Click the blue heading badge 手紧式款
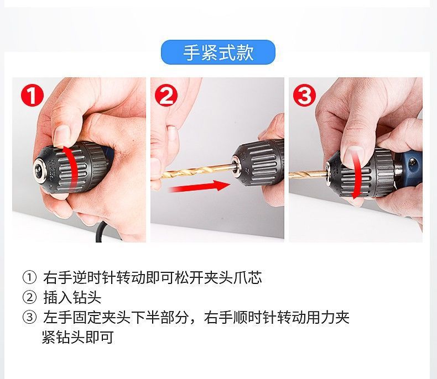[x=218, y=52]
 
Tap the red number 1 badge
[x=32, y=96]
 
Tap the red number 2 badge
[x=166, y=96]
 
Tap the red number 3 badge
[x=304, y=96]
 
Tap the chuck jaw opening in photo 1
[x=39, y=164]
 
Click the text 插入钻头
[x=72, y=298]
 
